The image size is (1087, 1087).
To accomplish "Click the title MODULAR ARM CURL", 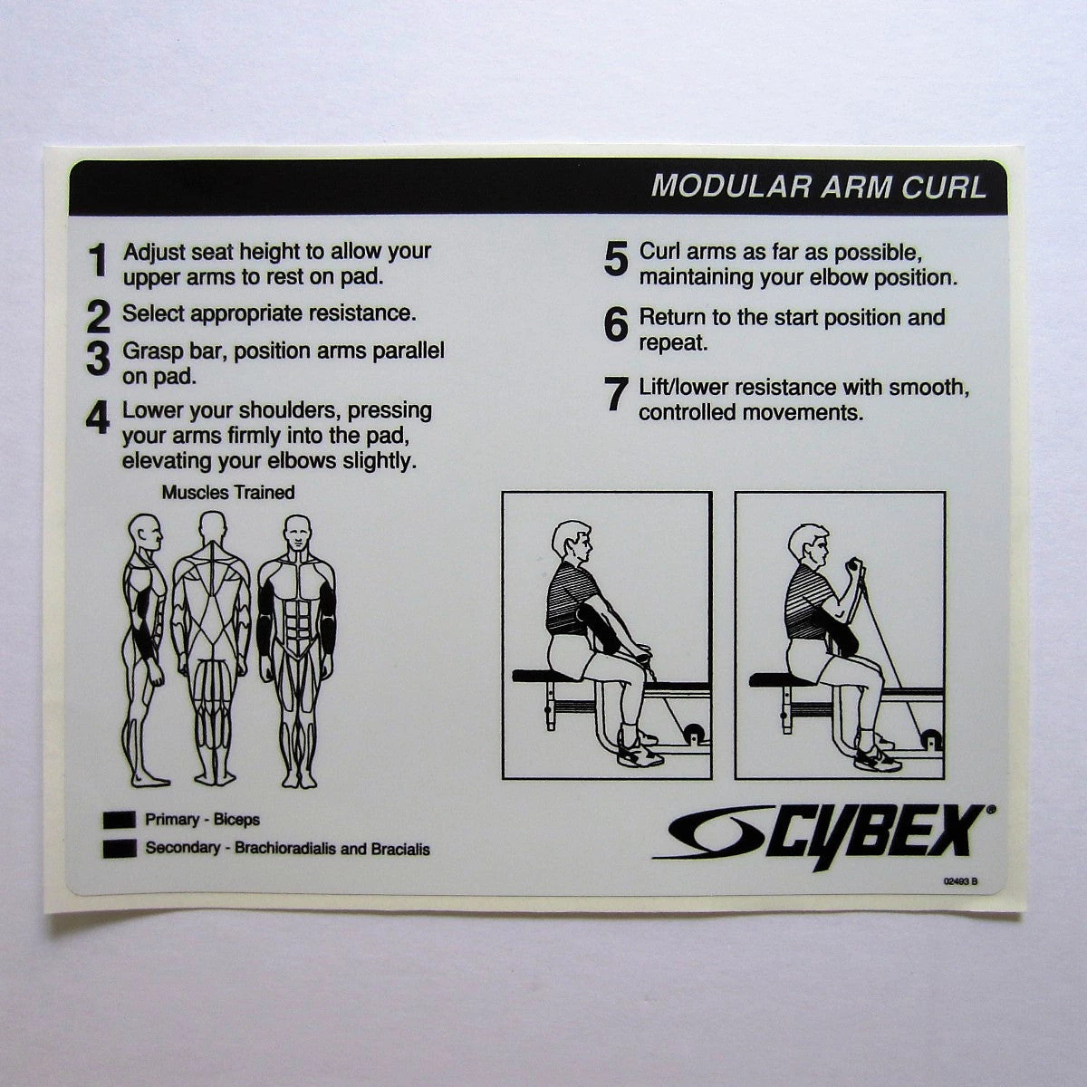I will pos(818,187).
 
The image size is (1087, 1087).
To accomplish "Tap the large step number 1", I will pos(98,261).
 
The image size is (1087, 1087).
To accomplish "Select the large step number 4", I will pos(97,418).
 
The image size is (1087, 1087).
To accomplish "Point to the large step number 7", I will pos(616,395).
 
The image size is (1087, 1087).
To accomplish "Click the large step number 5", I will pos(616,260).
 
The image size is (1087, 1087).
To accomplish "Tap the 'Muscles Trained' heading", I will pos(228,493).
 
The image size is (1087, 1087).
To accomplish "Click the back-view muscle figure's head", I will pos(212,528).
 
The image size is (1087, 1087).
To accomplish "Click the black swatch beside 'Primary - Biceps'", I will pos(119,820).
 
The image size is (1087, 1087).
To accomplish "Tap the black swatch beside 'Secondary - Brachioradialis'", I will pos(119,849).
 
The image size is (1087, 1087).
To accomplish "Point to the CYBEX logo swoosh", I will pos(716,832).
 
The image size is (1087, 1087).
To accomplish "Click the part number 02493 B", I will pos(960,881).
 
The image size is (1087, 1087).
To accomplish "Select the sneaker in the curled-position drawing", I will pos(877,758).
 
